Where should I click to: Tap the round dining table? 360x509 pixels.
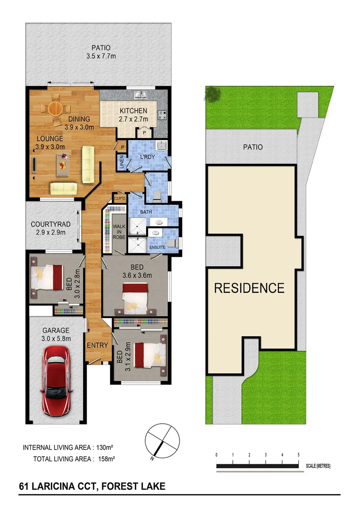[x=55, y=108]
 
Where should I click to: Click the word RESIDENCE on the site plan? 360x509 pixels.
[x=249, y=288]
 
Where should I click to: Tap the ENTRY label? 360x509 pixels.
[x=98, y=345]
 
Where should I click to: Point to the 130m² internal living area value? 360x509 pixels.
[x=106, y=447]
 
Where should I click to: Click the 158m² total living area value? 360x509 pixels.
[x=106, y=458]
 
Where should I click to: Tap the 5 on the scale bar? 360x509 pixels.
[x=298, y=455]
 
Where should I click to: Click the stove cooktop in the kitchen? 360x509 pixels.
[x=162, y=115]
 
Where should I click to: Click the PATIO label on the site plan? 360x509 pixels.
[x=253, y=147]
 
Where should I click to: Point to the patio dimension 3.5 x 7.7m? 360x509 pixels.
[x=101, y=56]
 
